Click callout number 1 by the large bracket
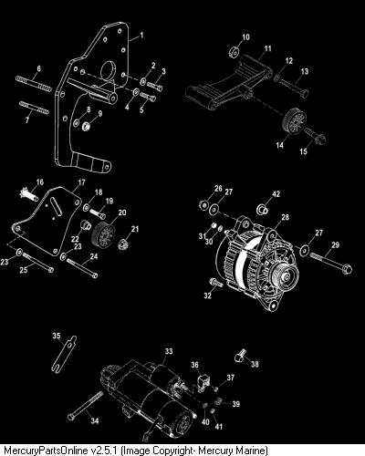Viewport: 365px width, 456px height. [x=141, y=36]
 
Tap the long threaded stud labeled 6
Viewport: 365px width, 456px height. [x=34, y=84]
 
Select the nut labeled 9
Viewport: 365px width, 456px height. [x=88, y=125]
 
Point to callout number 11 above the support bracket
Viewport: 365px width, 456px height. [x=267, y=48]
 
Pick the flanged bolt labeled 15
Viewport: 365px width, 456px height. [x=314, y=136]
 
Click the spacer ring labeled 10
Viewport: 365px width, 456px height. [x=234, y=52]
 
